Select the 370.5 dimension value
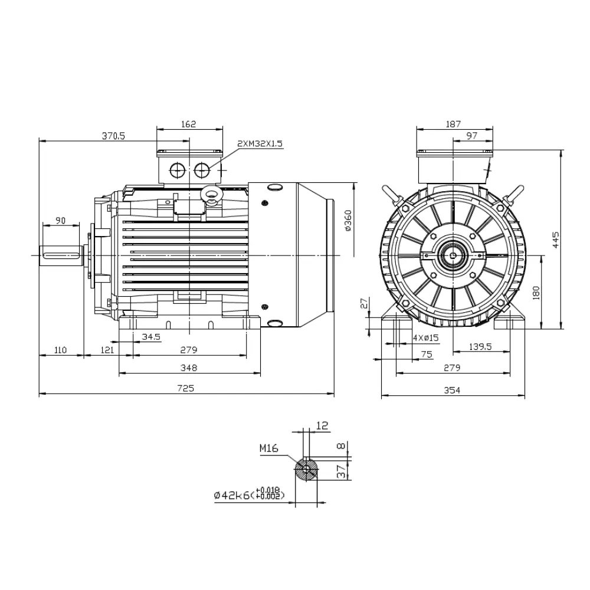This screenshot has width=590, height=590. pos(113,135)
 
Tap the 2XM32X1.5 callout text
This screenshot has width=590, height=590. pos(260,143)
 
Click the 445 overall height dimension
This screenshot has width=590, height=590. pos(555,240)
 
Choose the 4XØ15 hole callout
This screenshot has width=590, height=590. pos(426,337)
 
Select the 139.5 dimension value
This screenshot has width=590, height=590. pos(480,347)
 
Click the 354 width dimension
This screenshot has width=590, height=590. pos(452,390)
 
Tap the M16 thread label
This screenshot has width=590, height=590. pos(268,448)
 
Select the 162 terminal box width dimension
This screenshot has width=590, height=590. pos(189,124)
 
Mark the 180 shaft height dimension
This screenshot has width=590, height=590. pos(536,293)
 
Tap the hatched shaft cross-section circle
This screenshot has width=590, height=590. pos(306,470)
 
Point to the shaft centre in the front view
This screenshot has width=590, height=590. pos(453,255)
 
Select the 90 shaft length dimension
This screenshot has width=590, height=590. pos(60,220)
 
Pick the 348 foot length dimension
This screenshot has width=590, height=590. pos(189,368)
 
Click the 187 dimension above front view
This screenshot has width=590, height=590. pos(453,124)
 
